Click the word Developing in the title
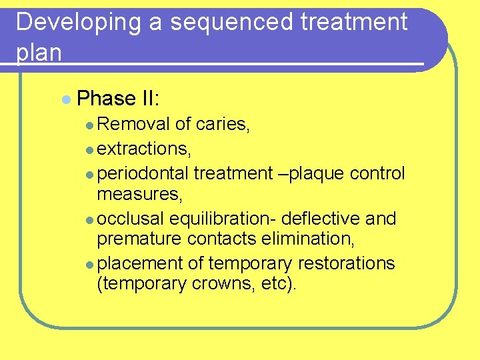79,23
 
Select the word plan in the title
39,52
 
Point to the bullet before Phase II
65,99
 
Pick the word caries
223,124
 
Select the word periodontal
143,173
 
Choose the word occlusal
131,219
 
